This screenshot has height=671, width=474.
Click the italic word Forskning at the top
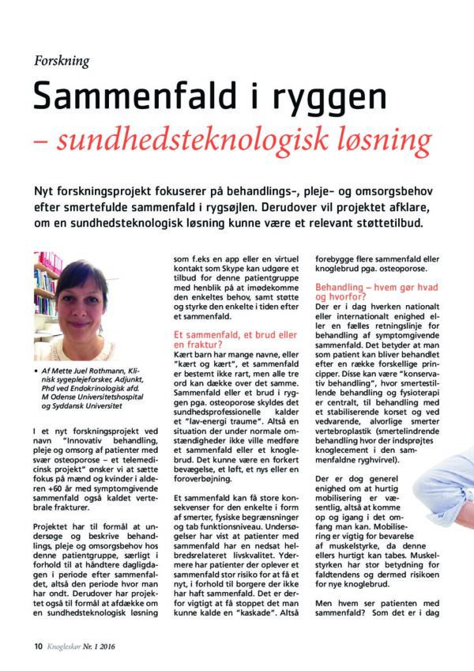(62, 61)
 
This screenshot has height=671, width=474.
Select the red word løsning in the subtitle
(382, 141)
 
